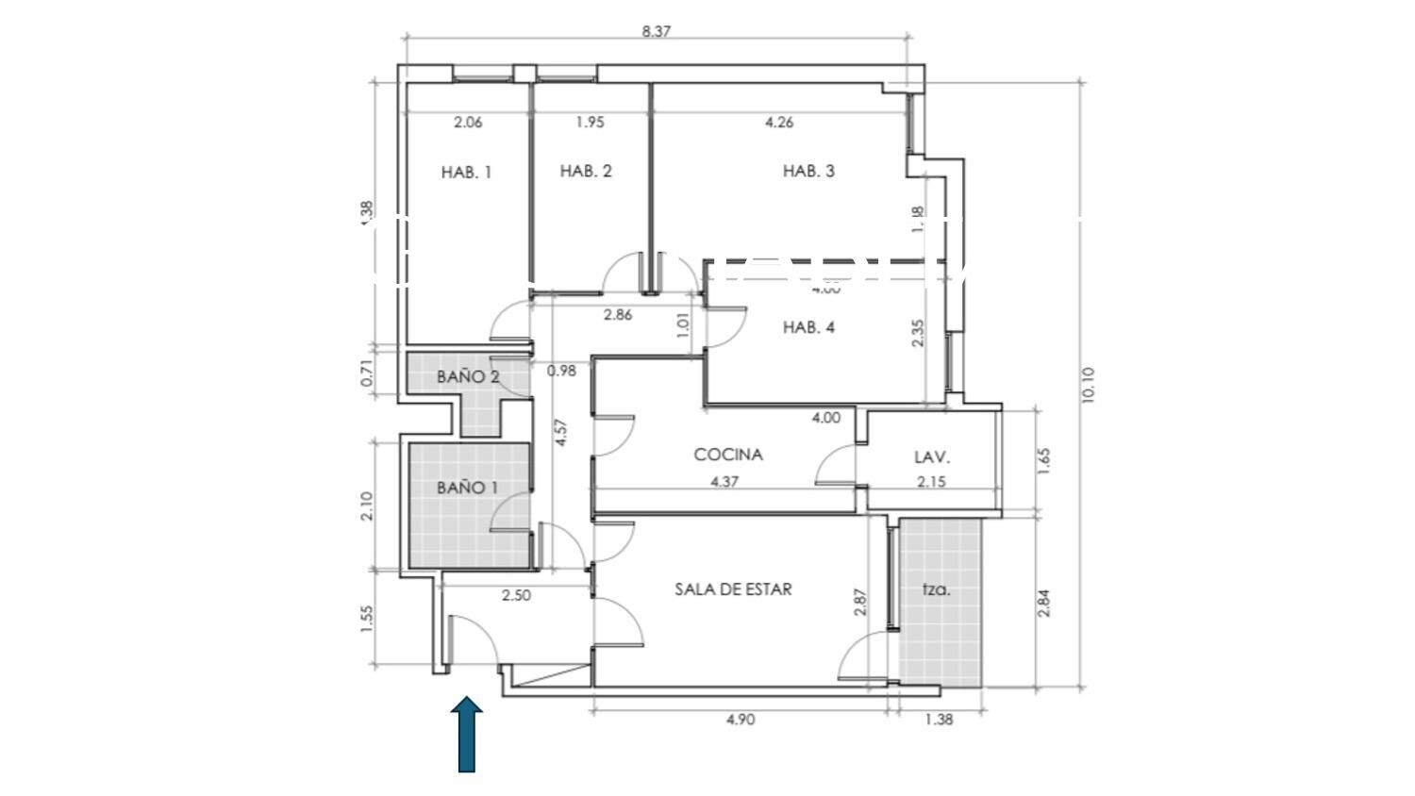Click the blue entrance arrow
tap(466, 735)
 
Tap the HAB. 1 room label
tap(466, 173)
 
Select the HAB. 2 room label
tap(586, 171)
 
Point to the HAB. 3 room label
tap(808, 171)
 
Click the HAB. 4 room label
tap(808, 327)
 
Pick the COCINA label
tap(728, 455)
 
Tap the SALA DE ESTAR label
tap(733, 589)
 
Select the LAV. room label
tap(932, 457)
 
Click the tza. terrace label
tap(936, 590)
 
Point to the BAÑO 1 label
tap(467, 488)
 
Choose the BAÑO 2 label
tap(468, 376)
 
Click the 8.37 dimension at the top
tap(657, 30)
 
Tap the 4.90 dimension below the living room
tap(741, 720)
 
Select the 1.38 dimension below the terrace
tap(939, 720)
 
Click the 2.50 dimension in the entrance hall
tap(516, 596)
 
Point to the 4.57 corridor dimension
tap(561, 432)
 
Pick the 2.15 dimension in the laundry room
tap(931, 481)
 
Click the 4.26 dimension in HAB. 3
tap(779, 122)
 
